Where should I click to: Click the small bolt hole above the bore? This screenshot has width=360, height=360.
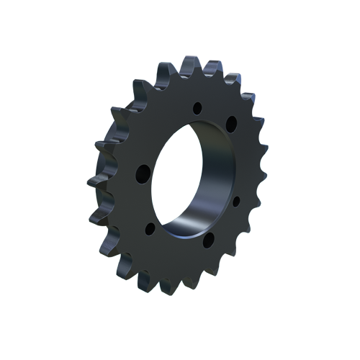point(197,109)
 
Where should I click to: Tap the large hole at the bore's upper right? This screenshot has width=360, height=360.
point(231,124)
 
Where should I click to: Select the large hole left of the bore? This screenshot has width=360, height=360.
point(143,173)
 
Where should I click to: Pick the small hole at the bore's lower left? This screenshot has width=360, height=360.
point(150,229)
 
